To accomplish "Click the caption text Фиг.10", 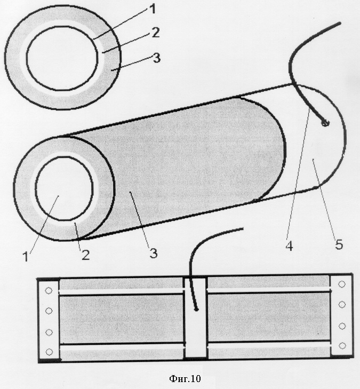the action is pyautogui.click(x=185, y=378).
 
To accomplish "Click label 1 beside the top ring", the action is pyautogui.click(x=152, y=9).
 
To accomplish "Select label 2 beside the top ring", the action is pyautogui.click(x=156, y=33).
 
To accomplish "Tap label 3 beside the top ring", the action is pyautogui.click(x=157, y=58).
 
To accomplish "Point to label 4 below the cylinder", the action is pyautogui.click(x=290, y=247).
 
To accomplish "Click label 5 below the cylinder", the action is pyautogui.click(x=339, y=244).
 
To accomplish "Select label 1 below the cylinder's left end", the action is pyautogui.click(x=26, y=257).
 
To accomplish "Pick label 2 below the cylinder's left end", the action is pyautogui.click(x=85, y=255).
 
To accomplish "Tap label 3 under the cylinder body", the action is pyautogui.click(x=154, y=253).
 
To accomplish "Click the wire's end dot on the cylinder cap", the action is pyautogui.click(x=325, y=122).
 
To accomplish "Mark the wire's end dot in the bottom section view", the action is pyautogui.click(x=196, y=309).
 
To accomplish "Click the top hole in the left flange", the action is pyautogui.click(x=49, y=290).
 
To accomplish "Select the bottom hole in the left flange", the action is pyautogui.click(x=49, y=352).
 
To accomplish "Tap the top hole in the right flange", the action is pyautogui.click(x=342, y=284).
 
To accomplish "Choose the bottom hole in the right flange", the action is pyautogui.click(x=342, y=346).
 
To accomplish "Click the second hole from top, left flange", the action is pyautogui.click(x=49, y=311).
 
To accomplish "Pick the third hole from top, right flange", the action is pyautogui.click(x=342, y=326).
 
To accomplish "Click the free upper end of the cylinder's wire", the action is pyautogui.click(x=340, y=23).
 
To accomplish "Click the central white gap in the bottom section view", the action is pyautogui.click(x=195, y=318).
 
